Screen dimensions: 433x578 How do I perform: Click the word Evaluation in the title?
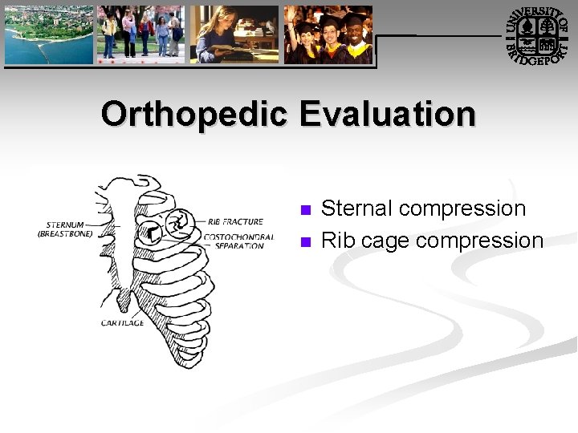[388, 114]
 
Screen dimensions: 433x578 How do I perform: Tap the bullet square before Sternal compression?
[304, 211]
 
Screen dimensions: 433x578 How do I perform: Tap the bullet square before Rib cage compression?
[304, 242]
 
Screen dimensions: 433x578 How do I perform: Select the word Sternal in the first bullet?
[356, 208]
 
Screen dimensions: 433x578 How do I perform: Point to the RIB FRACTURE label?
[235, 221]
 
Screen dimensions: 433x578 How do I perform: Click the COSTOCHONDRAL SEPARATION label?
[238, 241]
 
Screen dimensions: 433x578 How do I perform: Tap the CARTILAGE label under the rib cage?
[122, 322]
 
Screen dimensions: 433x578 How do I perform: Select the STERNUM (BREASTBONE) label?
[65, 229]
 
